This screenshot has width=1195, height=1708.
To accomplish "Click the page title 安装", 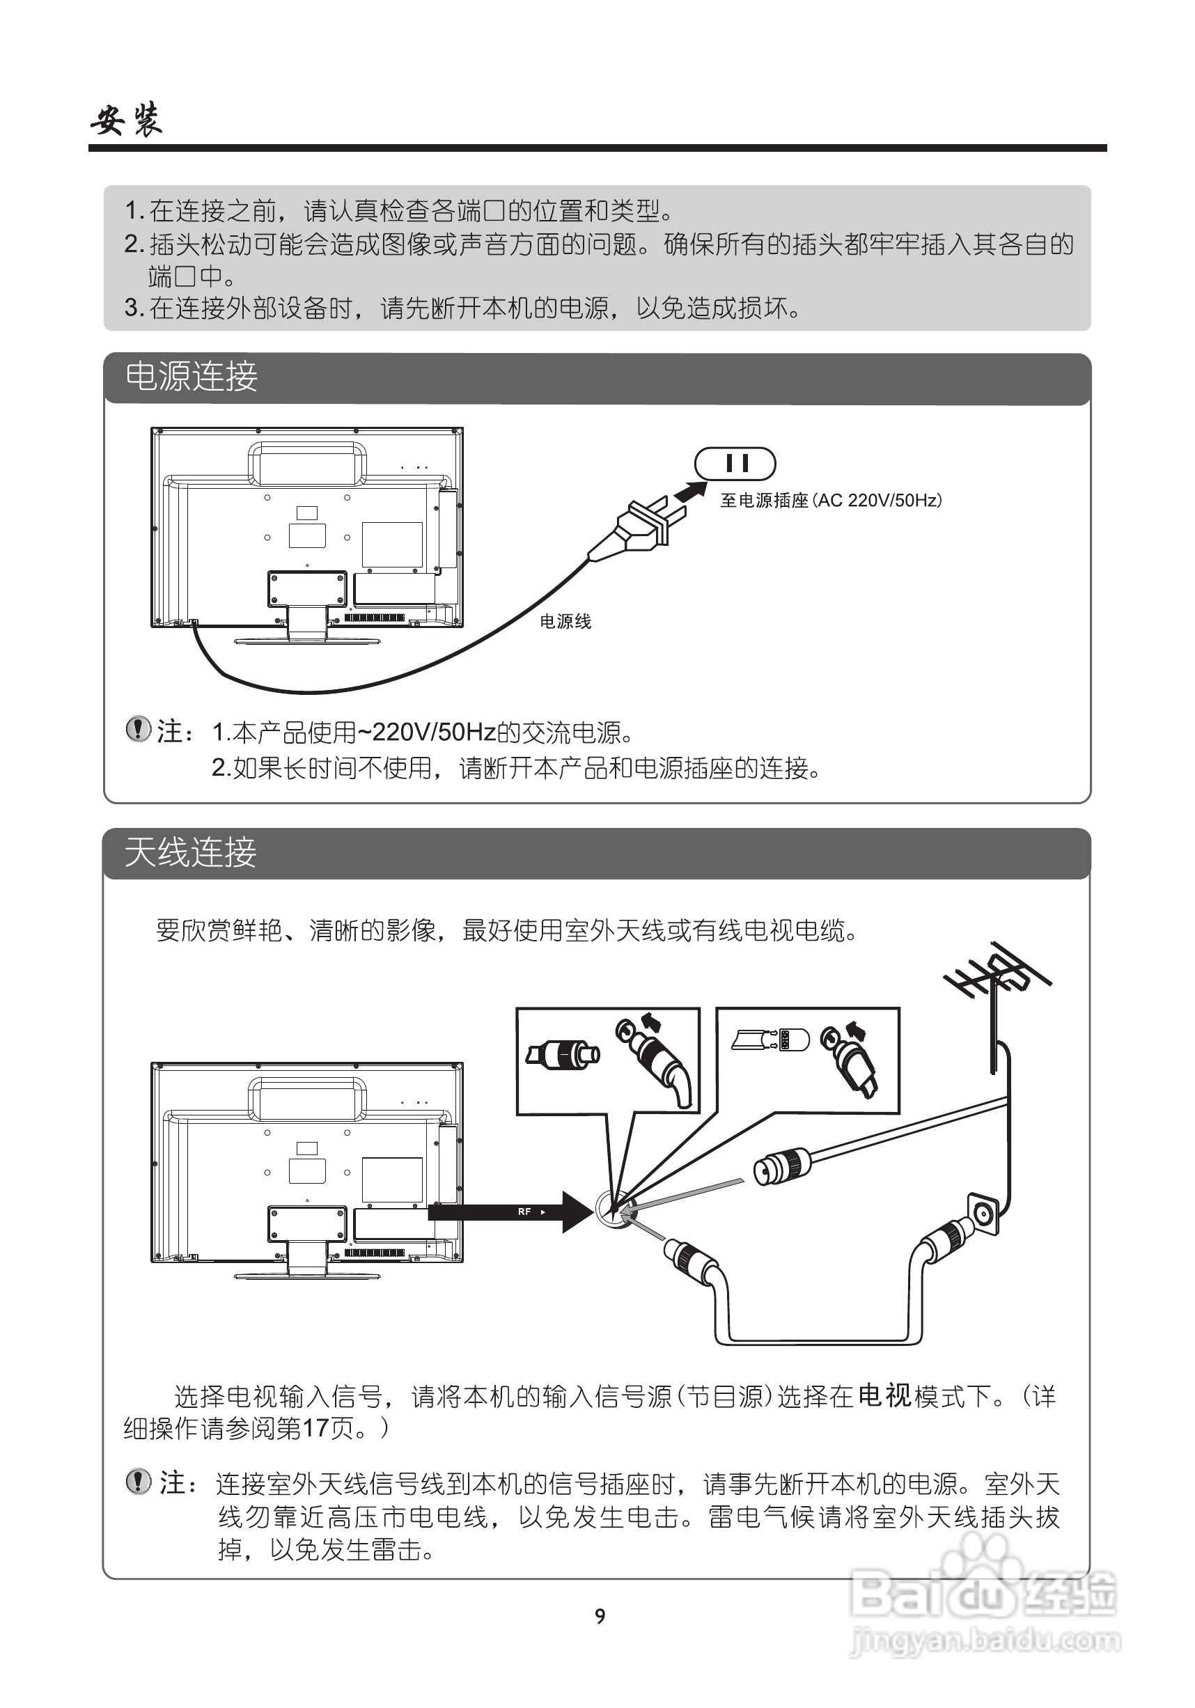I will [127, 119].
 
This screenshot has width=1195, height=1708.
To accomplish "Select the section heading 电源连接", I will [192, 377].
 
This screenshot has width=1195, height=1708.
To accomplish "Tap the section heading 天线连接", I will [191, 852].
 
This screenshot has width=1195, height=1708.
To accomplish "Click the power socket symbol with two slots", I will [735, 464].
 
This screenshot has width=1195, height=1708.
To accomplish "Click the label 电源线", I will [565, 622].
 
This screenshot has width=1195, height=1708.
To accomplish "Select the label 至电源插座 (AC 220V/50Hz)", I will [830, 501].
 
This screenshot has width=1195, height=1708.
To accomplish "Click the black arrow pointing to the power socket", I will [691, 492].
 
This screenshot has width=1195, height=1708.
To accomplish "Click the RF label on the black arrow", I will [525, 1212].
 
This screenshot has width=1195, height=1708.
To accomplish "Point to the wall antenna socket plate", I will [982, 1215].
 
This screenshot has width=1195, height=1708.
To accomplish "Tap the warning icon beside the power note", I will [138, 729].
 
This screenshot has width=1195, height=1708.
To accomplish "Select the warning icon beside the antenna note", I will [139, 1482].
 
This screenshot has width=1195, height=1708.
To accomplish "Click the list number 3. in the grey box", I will [133, 307].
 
